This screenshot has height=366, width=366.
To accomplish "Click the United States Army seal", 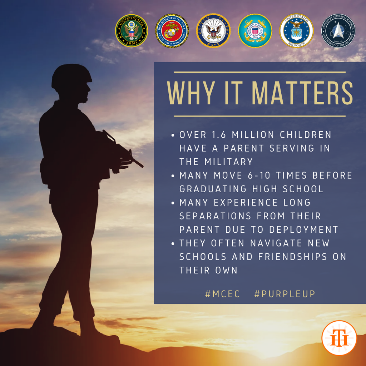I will tap(131, 31).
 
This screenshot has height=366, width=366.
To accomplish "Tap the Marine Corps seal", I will tap(172, 31).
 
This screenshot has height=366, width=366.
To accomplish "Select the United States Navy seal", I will tap(213, 31).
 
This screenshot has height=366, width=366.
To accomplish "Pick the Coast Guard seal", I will tap(255, 31).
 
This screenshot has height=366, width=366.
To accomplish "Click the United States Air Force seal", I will tap(296, 31).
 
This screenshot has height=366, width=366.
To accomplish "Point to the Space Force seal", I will tap(338, 31).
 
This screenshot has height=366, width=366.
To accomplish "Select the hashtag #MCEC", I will tap(223, 294).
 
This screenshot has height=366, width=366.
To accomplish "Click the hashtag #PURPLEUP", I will tap(285, 294).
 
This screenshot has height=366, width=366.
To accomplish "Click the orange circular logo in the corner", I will tap(339, 338).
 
